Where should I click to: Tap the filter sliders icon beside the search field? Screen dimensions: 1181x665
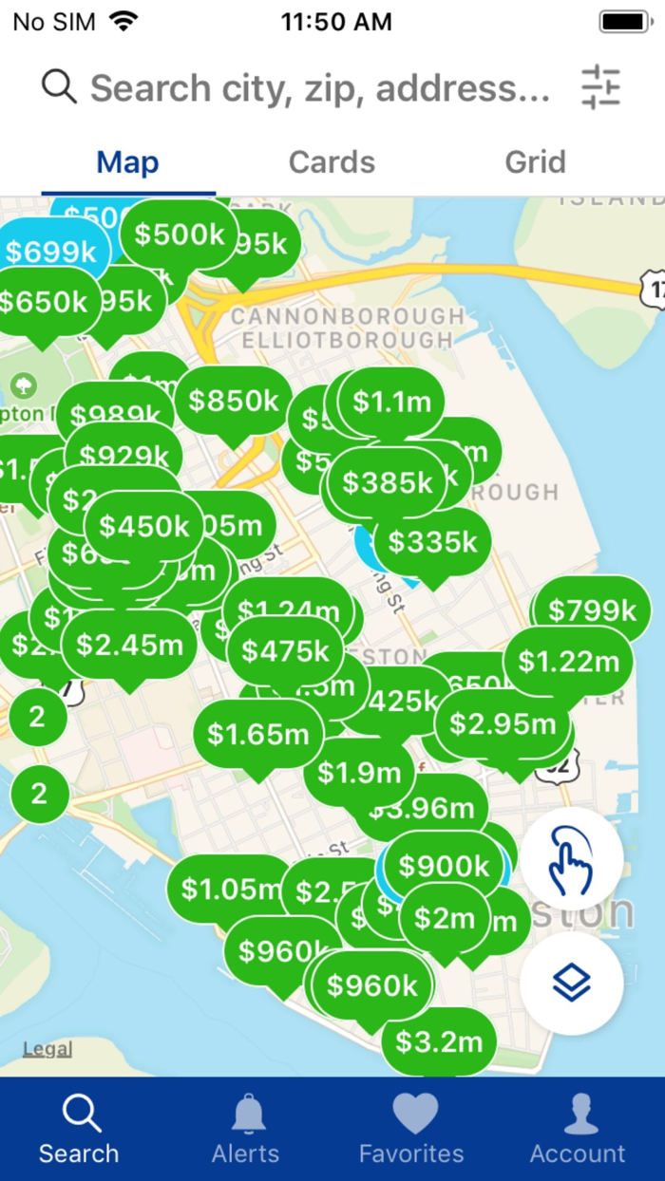tap(600, 87)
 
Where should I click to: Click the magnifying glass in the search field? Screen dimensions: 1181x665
tap(59, 87)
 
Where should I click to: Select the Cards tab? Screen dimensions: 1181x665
tap(332, 162)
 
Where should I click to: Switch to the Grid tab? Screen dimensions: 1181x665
tap(535, 162)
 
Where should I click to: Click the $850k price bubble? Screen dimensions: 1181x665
tap(234, 401)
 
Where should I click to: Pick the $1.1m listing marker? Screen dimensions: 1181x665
tap(391, 403)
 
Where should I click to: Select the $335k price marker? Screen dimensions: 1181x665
tap(432, 542)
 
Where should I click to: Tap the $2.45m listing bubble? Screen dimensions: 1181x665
tap(129, 646)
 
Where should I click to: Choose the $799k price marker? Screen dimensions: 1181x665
tap(592, 610)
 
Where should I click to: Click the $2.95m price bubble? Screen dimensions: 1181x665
tap(503, 724)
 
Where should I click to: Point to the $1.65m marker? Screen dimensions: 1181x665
tap(258, 734)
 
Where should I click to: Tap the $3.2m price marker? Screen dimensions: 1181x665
tap(439, 1042)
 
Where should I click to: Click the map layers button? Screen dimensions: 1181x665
tap(571, 983)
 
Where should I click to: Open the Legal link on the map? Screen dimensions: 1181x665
tap(47, 1049)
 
